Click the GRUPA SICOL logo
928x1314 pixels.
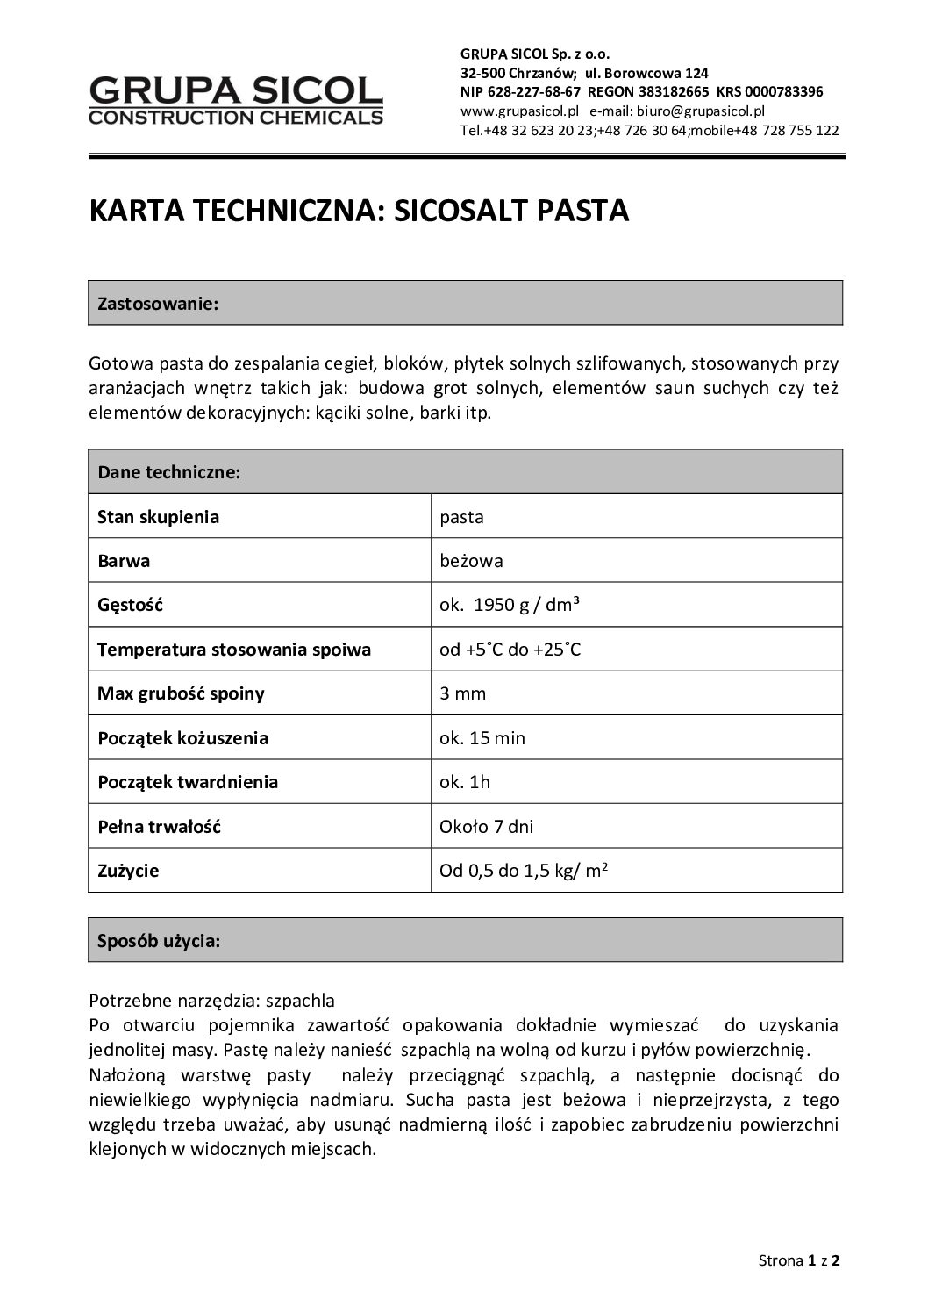(236, 99)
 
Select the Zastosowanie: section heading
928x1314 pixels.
(158, 304)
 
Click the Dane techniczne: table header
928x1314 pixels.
(169, 472)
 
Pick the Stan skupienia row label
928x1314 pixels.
(158, 517)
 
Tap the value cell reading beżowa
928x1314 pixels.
(471, 561)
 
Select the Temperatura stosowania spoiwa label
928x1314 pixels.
(234, 650)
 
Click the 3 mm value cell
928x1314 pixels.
(462, 693)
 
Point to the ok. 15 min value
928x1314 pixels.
(482, 738)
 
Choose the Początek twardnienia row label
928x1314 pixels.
(188, 782)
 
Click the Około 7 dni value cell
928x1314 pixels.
(486, 826)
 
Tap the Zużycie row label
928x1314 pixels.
(128, 871)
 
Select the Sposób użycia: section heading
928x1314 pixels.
(159, 941)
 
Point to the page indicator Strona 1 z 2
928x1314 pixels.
(799, 1261)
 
